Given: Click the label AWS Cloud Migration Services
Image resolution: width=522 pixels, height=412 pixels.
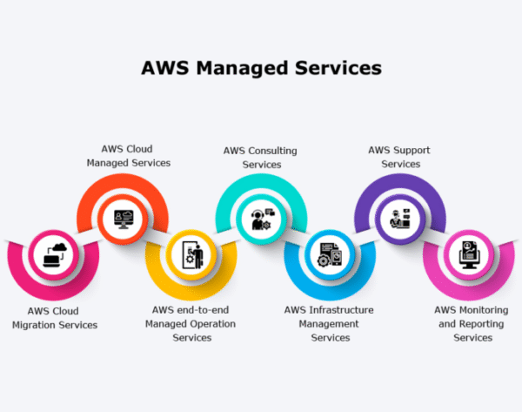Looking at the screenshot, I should tap(54, 317).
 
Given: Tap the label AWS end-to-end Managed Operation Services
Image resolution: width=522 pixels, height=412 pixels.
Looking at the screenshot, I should tap(192, 323).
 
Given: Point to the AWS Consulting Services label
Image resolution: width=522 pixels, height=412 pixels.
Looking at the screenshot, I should tap(261, 157).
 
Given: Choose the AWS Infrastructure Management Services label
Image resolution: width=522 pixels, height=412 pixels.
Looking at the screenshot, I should tap(330, 323).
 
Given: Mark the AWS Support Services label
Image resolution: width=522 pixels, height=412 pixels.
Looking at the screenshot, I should tap(400, 157).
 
